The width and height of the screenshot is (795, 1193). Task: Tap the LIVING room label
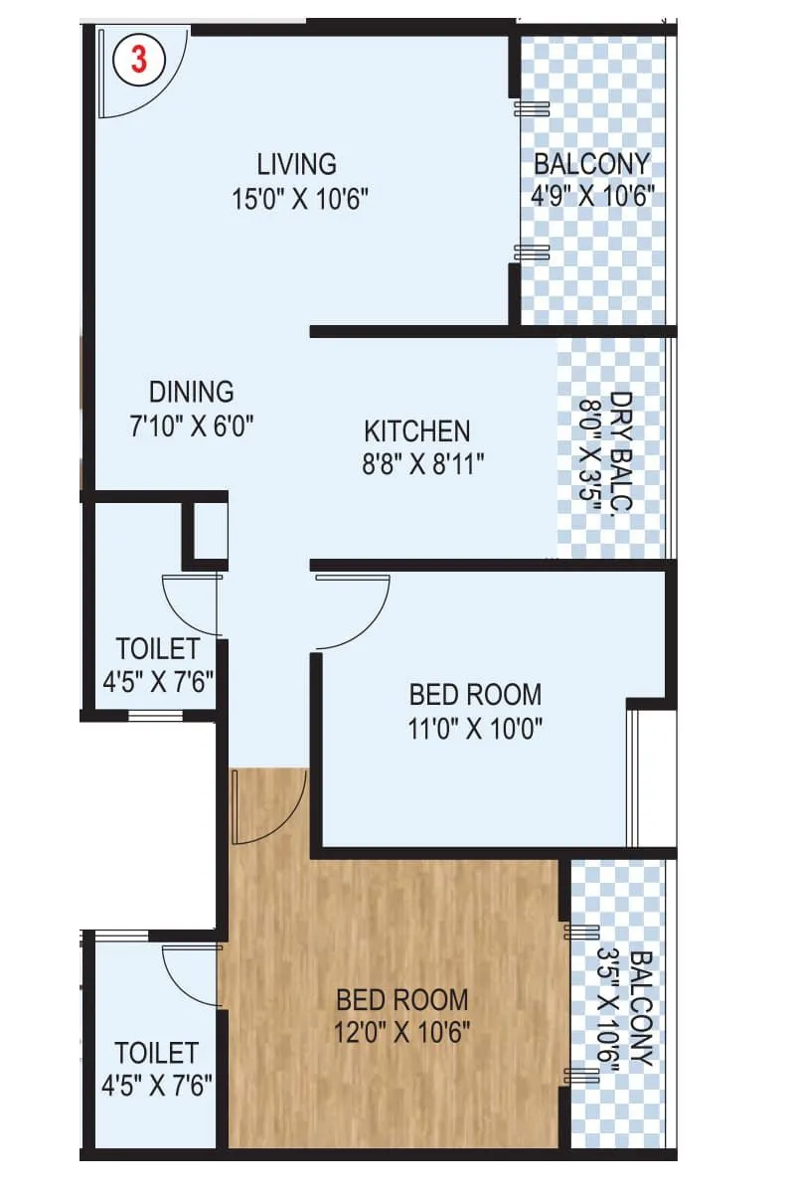pyautogui.click(x=296, y=163)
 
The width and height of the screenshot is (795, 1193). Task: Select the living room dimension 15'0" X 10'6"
pyautogui.click(x=300, y=199)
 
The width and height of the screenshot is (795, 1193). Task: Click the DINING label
pyautogui.click(x=192, y=391)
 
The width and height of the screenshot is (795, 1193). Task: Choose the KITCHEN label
pyautogui.click(x=417, y=431)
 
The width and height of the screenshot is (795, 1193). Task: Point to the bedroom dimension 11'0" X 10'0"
pyautogui.click(x=476, y=729)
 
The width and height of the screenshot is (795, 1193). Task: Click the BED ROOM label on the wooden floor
pyautogui.click(x=402, y=998)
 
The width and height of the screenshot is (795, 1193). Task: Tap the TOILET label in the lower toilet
pyautogui.click(x=156, y=1052)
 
